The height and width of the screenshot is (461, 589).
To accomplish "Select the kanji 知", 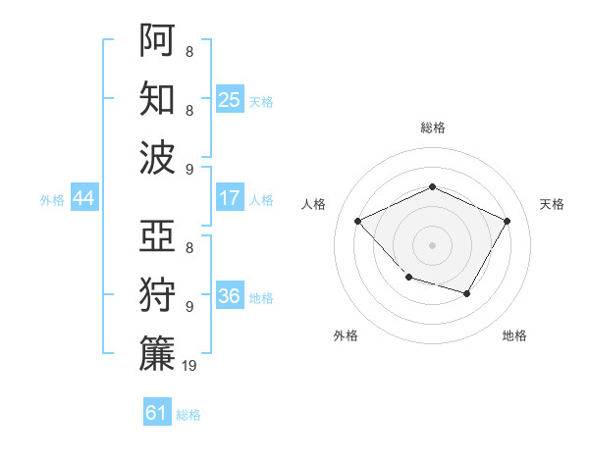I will (157, 98).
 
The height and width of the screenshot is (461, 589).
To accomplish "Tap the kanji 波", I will (157, 157).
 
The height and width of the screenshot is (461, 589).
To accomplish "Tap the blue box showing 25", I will (230, 99).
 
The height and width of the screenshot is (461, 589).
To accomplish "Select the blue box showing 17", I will (230, 198).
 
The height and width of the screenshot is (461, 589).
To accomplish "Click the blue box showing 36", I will (230, 297).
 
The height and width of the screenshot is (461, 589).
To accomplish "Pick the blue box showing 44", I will (83, 199).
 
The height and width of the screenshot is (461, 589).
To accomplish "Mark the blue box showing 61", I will (157, 413).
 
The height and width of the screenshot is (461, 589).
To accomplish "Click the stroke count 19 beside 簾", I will (189, 367).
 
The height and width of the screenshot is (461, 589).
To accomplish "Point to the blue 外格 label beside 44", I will (52, 200).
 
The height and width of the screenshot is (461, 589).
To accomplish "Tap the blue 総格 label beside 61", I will (188, 415).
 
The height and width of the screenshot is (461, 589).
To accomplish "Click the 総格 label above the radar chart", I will (432, 128).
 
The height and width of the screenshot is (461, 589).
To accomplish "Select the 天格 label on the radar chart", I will (552, 204).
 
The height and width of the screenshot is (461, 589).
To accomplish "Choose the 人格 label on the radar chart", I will (314, 204).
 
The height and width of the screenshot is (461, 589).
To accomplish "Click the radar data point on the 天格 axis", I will (508, 221).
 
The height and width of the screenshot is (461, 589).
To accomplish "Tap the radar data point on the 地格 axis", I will (467, 294).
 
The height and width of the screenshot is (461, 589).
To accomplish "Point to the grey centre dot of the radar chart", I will (432, 245).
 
